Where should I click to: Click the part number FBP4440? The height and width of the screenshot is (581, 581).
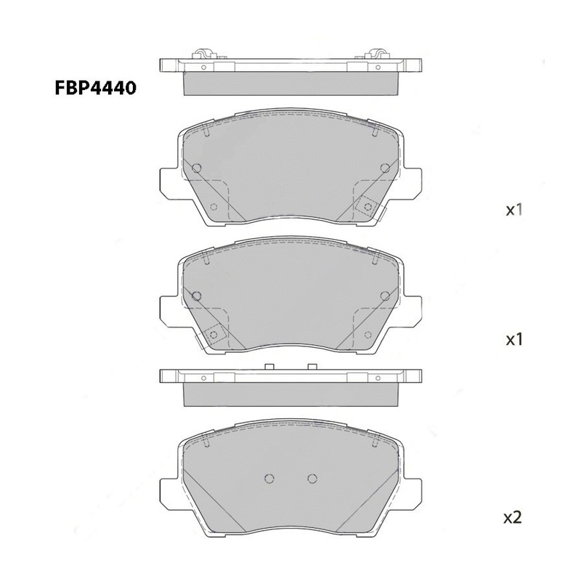[x=96, y=88]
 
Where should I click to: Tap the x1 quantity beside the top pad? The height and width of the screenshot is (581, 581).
[x=514, y=211]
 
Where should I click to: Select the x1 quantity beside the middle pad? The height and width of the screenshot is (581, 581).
[x=514, y=339]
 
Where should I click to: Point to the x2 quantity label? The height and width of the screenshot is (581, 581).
[x=513, y=517]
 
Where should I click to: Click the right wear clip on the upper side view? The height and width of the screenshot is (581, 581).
[x=377, y=53]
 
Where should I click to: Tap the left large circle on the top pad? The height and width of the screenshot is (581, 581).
[x=197, y=168]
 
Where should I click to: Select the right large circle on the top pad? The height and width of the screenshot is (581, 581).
[x=386, y=168]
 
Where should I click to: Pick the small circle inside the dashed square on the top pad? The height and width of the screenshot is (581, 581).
[x=368, y=206]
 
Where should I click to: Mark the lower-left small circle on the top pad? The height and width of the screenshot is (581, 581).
[x=214, y=207]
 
